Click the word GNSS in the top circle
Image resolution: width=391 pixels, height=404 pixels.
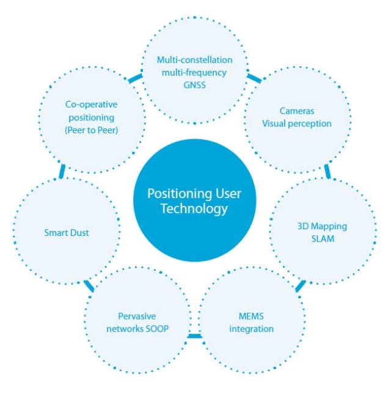[x=195, y=85]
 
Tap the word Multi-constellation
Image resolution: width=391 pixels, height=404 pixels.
[x=195, y=60]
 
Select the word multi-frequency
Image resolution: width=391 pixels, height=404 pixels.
[x=194, y=73]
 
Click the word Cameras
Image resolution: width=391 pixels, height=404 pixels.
[x=297, y=111]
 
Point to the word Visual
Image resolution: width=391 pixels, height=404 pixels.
[x=274, y=123]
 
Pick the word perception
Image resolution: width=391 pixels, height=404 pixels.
[x=310, y=124]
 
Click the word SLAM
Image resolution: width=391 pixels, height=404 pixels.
[x=323, y=239]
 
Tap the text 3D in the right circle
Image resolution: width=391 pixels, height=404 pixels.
[x=303, y=226]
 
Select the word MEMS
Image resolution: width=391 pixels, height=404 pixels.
[x=251, y=316]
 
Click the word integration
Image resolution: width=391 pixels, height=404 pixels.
[x=251, y=329]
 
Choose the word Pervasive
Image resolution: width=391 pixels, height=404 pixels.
[x=137, y=316]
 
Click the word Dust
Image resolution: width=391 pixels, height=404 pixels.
[x=79, y=233]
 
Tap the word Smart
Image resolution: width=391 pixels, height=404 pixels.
[x=56, y=233]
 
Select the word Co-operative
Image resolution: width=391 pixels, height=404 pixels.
[x=92, y=105]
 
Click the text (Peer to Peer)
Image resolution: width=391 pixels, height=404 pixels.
[x=92, y=130]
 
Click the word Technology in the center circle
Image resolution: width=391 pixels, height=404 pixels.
[x=194, y=209]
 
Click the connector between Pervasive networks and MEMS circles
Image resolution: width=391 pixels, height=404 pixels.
[x=194, y=336]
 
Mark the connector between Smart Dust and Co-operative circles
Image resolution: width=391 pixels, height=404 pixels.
[x=62, y=171]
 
